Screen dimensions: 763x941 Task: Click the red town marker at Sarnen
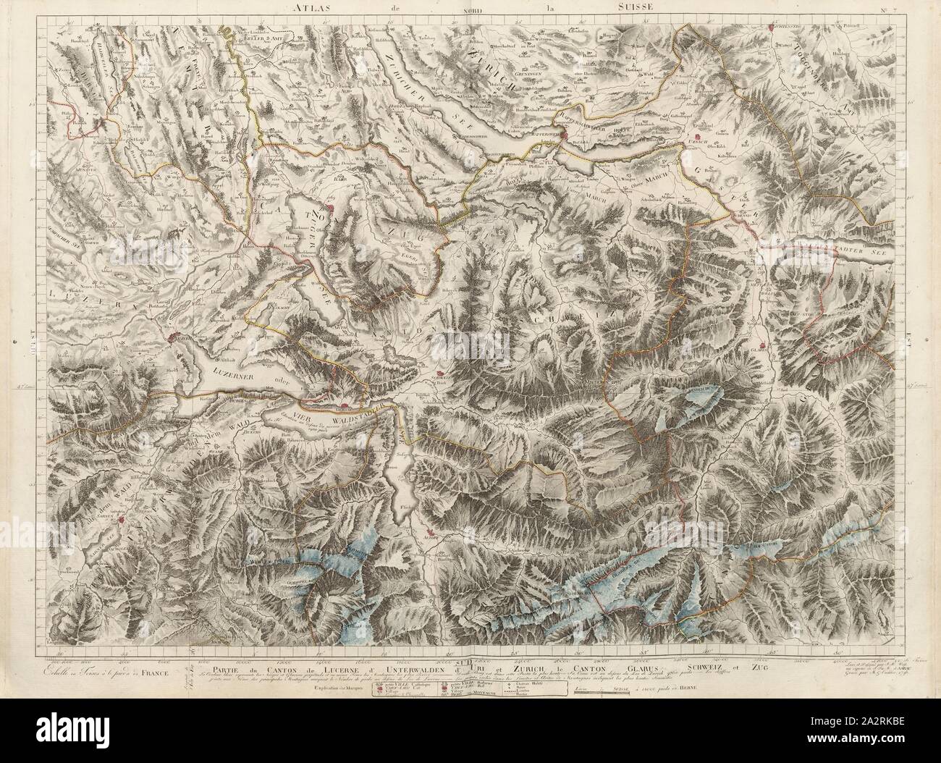click(123, 518)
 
